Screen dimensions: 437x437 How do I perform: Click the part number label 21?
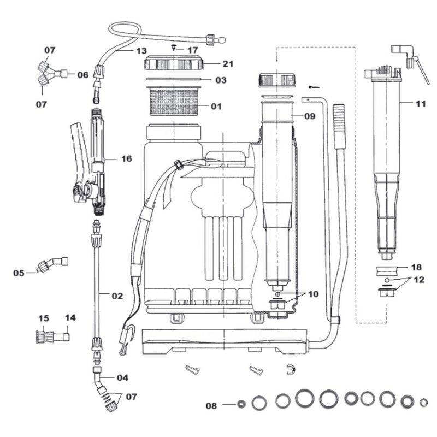click(x=228, y=64)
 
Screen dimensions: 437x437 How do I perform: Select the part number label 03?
click(x=220, y=80)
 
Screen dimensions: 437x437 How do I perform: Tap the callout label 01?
click(x=216, y=106)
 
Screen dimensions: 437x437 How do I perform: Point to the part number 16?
click(x=126, y=159)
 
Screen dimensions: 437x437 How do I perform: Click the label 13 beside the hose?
click(x=141, y=51)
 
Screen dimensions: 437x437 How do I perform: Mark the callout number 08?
click(x=211, y=405)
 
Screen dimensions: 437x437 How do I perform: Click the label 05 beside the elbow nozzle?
click(x=19, y=273)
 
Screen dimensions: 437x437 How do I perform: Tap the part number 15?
click(x=44, y=318)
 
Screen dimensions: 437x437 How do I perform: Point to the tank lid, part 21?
click(x=174, y=64)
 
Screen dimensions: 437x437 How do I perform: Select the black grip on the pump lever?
click(x=339, y=126)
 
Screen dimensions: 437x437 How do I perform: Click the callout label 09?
click(x=310, y=116)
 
